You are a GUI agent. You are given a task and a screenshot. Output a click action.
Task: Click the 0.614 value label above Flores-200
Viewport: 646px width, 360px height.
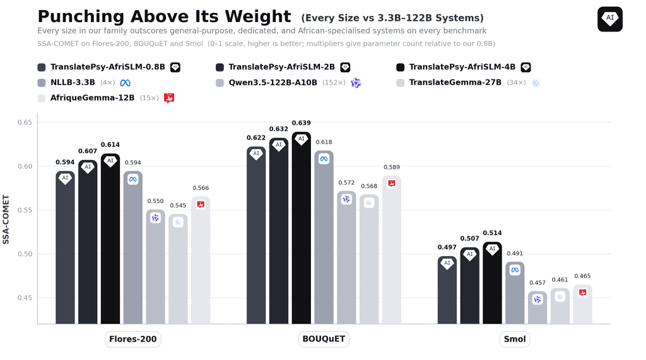(110, 144)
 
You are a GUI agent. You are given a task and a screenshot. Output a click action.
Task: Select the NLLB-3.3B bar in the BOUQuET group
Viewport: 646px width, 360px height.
(324, 237)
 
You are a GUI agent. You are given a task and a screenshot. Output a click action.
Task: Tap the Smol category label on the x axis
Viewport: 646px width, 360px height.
(515, 339)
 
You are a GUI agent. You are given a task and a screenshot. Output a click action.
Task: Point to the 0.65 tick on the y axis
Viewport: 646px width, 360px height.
(25, 122)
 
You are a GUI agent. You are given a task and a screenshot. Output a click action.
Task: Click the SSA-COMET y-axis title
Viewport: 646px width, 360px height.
(6, 219)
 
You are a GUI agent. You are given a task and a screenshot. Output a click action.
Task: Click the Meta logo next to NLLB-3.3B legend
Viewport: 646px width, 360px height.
(126, 83)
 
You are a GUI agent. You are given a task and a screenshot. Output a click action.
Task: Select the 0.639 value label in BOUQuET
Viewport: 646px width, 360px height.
(301, 123)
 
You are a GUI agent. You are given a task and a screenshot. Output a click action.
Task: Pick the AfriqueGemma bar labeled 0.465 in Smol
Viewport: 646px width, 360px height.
(582, 304)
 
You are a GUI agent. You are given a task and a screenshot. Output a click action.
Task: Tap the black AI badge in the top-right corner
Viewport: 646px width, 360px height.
(610, 19)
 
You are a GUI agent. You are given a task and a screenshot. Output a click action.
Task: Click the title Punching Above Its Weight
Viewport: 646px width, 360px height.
(164, 16)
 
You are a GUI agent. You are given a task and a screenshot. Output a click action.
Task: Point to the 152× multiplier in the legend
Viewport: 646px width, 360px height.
(334, 83)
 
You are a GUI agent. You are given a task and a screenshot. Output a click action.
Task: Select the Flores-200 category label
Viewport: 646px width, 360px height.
(132, 339)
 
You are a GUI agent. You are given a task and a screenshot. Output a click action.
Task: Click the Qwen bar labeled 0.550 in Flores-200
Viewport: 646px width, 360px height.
(155, 267)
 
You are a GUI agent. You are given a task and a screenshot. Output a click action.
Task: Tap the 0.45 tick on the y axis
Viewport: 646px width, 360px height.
(25, 298)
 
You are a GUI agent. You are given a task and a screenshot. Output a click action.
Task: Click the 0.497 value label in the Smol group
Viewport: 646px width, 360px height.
(447, 247)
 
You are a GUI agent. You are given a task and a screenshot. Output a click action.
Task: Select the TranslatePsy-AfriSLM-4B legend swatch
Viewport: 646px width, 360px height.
(400, 67)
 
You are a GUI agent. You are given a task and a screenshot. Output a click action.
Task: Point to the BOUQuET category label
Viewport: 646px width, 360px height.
(324, 339)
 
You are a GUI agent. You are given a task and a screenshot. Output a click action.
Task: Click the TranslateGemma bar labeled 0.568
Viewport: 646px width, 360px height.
(369, 259)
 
